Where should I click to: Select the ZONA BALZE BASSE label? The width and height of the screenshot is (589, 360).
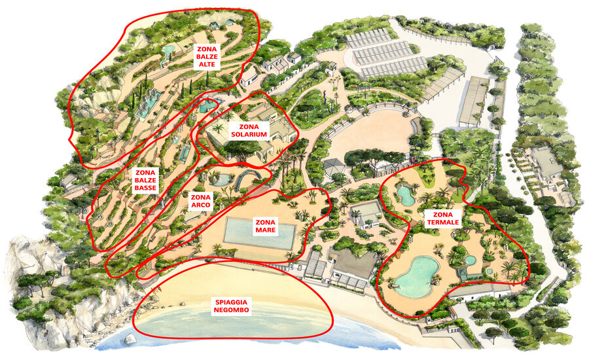tap(145, 180)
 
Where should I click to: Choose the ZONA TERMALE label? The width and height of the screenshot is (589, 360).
tap(442, 219)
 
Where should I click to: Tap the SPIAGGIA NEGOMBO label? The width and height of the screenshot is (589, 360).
tap(231, 306)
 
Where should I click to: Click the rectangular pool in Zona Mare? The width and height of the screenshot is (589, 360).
tap(260, 232)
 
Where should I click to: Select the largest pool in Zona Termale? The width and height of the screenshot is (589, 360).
tap(417, 274)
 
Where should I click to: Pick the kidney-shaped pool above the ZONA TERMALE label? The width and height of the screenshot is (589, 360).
tap(406, 194)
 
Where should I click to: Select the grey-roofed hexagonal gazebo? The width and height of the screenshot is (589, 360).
tap(335, 166)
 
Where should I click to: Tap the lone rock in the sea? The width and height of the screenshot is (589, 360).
tap(130, 340)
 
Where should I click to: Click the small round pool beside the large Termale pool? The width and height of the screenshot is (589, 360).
tap(470, 261)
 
